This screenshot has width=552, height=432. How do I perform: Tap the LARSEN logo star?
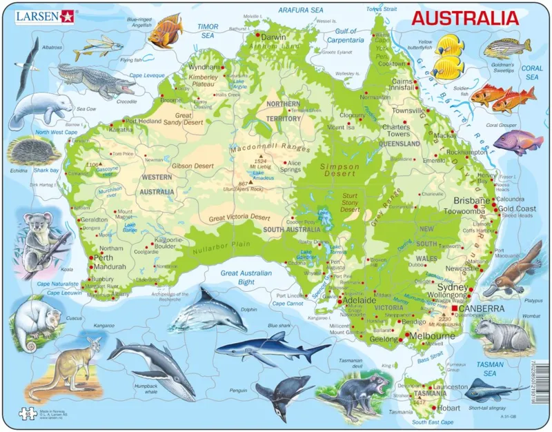(67, 16)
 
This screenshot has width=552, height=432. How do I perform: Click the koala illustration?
(34, 235)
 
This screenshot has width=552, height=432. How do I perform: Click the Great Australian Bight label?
(247, 277)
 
